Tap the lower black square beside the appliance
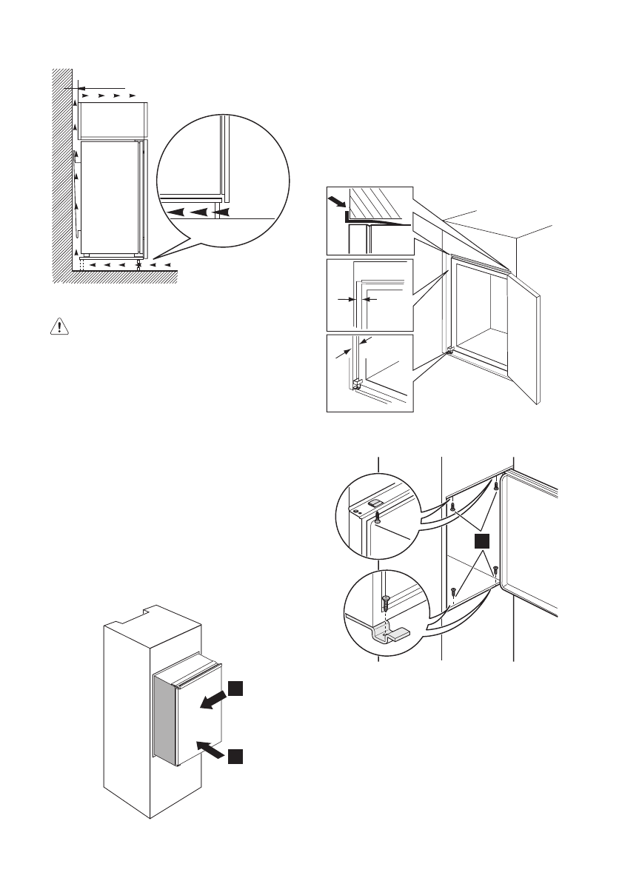(x=234, y=756)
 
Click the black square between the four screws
(x=481, y=541)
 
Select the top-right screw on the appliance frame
(x=495, y=486)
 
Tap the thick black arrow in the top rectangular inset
(x=339, y=202)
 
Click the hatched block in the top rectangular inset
(x=379, y=202)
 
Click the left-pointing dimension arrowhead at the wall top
(x=68, y=88)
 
